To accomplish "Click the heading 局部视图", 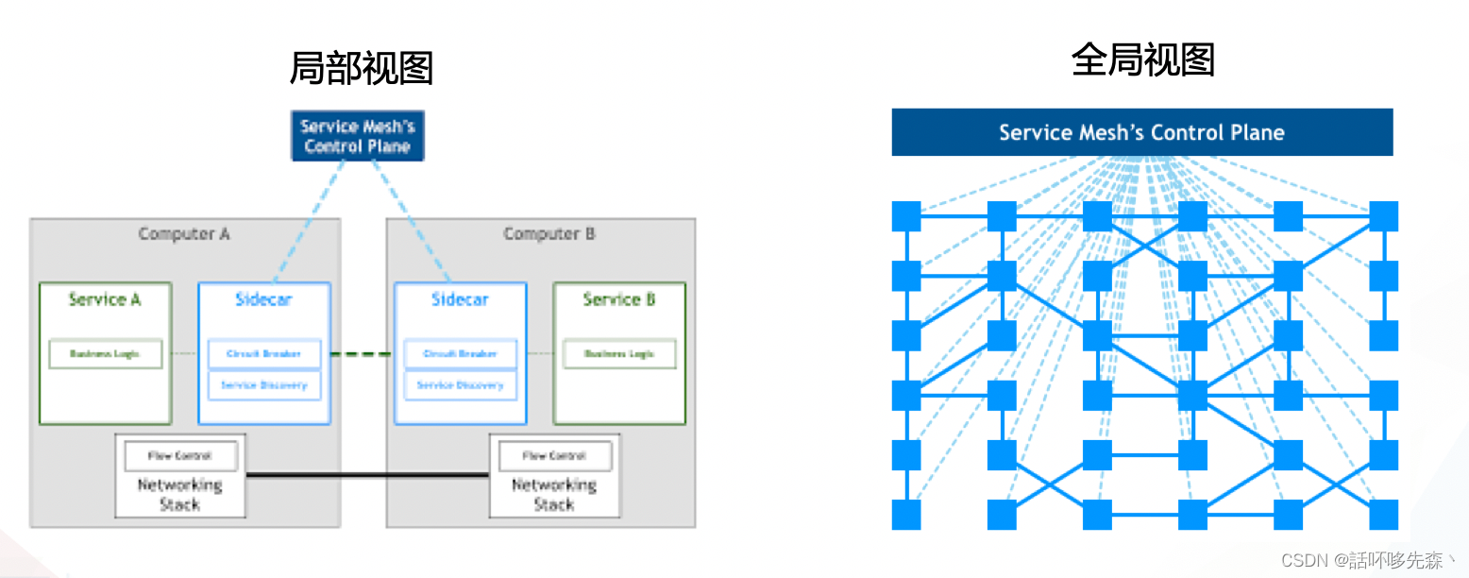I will pyautogui.click(x=361, y=69).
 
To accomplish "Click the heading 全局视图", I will pyautogui.click(x=1142, y=60).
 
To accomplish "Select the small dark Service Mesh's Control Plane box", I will pyautogui.click(x=358, y=136).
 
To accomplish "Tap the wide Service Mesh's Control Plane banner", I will pyautogui.click(x=1141, y=132).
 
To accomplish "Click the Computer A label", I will pyautogui.click(x=184, y=233).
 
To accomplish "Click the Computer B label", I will pyautogui.click(x=549, y=233).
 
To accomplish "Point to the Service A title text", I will pyautogui.click(x=105, y=299).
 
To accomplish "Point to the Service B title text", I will pyautogui.click(x=618, y=299).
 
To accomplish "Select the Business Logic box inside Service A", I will pyautogui.click(x=105, y=354).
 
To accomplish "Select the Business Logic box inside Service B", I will pyautogui.click(x=618, y=354).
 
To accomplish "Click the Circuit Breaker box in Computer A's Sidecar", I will pyautogui.click(x=263, y=354).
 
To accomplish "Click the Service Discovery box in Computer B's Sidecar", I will pyautogui.click(x=460, y=385).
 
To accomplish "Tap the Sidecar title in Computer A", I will pyautogui.click(x=263, y=299).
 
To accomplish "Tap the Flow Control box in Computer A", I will pyautogui.click(x=179, y=456).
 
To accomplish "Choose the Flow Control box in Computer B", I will pyautogui.click(x=553, y=456).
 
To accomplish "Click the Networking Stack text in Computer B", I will pyautogui.click(x=553, y=495).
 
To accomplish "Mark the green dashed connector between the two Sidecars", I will pyautogui.click(x=362, y=354).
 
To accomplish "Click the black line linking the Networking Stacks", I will pyautogui.click(x=367, y=474).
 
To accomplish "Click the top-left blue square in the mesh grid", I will pyautogui.click(x=906, y=216).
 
